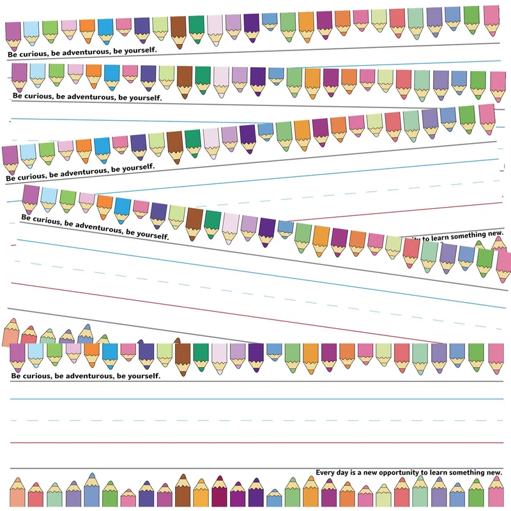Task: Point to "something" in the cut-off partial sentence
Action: tap(462, 236)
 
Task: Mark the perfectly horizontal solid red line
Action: tap(256, 442)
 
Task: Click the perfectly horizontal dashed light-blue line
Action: tap(256, 420)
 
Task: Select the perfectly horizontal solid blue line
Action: tap(256, 399)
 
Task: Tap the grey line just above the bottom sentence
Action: tap(256, 467)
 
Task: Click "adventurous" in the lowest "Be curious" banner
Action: tap(82, 376)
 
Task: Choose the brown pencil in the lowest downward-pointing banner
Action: tap(183, 356)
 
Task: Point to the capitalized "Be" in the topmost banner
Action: tap(12, 55)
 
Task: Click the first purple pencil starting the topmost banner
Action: tap(13, 34)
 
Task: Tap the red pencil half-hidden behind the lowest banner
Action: tap(29, 335)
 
